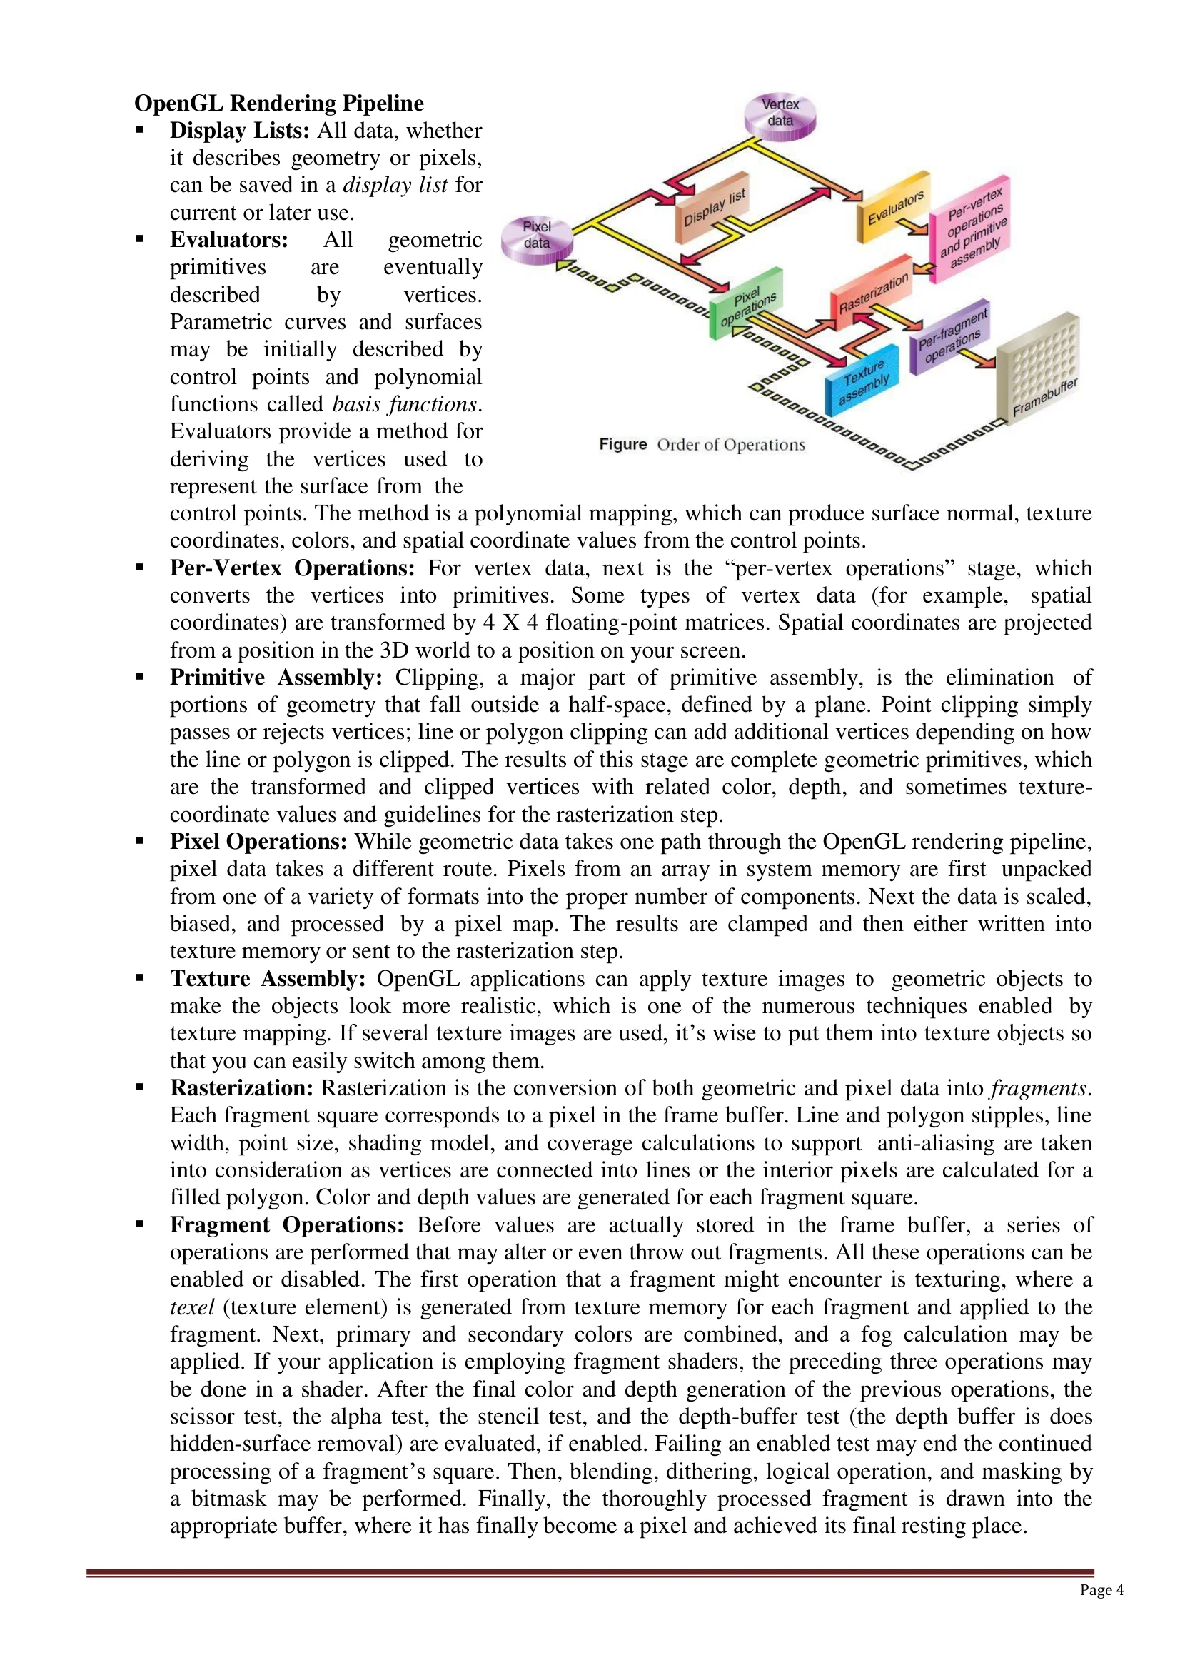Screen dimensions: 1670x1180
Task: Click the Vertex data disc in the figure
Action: (x=780, y=115)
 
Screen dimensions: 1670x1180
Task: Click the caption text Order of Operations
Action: (x=731, y=444)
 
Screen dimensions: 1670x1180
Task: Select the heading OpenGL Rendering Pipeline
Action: (x=279, y=103)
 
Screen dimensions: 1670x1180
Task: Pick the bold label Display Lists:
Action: (x=240, y=130)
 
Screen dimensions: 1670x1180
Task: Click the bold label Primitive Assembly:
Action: (x=276, y=677)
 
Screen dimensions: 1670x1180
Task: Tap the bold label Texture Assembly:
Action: (x=268, y=978)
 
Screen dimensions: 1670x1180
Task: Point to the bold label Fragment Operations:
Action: (x=286, y=1225)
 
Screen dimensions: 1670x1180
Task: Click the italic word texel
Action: (x=192, y=1307)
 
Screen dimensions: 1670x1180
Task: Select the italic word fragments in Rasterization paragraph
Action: (x=1039, y=1088)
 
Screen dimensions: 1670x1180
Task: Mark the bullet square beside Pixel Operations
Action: (x=140, y=841)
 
